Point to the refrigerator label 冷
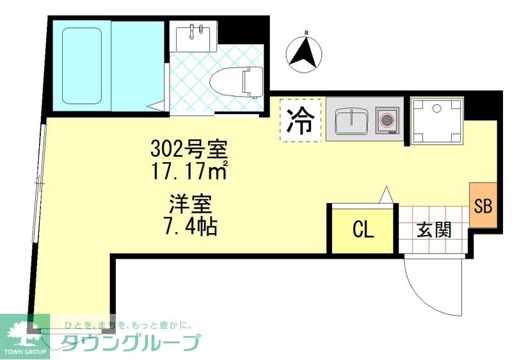point(300,120)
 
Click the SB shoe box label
point(483,206)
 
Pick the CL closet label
point(363,230)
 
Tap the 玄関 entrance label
point(433,229)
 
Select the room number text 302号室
point(188,151)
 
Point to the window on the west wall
point(40,186)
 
